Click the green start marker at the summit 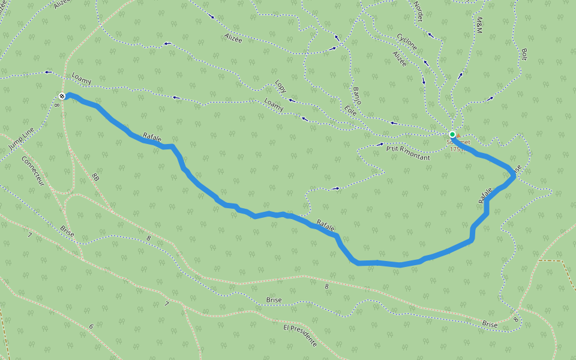click(452, 134)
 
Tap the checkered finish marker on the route click(62, 96)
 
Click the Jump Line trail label click(22, 139)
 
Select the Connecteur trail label click(33, 171)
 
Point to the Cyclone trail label click(407, 42)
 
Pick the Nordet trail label click(418, 11)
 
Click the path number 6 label click(91, 326)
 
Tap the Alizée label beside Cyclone click(400, 58)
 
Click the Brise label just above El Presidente click(274, 299)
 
